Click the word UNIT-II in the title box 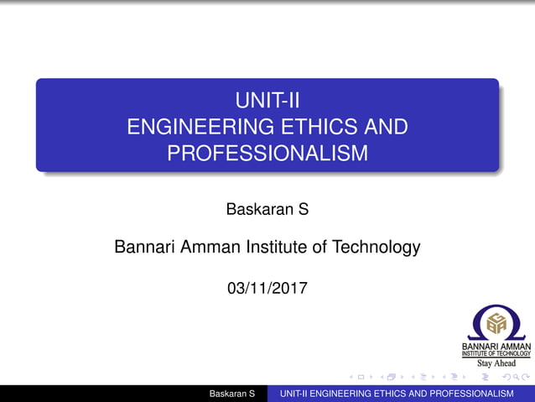267,102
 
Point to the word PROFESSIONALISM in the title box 267,154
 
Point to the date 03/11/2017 267,289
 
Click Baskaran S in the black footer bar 232,394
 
